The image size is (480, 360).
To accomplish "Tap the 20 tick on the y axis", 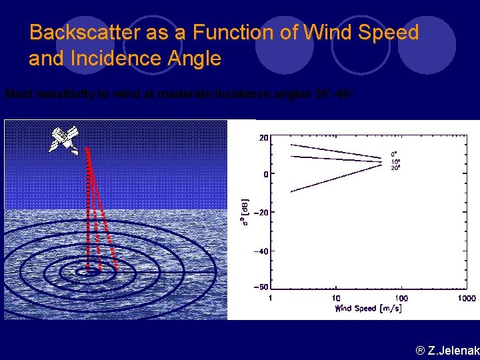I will (x=263, y=138).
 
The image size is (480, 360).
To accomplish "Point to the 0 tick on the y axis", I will (x=265, y=175).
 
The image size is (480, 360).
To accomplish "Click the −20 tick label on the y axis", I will (x=260, y=213).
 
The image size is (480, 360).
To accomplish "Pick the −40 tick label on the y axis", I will (x=260, y=251).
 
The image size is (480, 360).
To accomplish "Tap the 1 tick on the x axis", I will (x=270, y=298).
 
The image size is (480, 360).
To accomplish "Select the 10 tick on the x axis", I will (x=335, y=298).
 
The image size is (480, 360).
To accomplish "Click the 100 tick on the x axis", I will (x=401, y=298).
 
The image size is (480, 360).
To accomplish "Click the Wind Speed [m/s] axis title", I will (x=369, y=308).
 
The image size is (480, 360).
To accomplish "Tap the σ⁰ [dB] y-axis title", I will (x=246, y=211).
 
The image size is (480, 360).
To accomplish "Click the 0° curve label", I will (x=394, y=155).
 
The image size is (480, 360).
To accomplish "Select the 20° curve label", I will (x=395, y=168).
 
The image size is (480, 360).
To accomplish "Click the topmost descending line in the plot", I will (x=333, y=151).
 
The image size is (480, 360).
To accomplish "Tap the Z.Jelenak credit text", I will (x=447, y=349).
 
